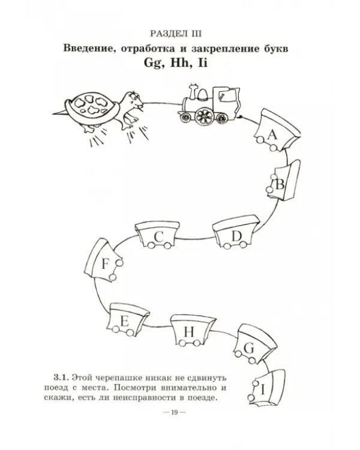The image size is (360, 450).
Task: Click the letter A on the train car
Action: click(x=272, y=134)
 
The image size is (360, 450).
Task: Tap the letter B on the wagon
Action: click(x=280, y=184)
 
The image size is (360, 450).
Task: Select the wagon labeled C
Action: click(x=157, y=235)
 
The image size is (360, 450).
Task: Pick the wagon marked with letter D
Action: click(x=236, y=232)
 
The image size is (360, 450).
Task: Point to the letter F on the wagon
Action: click(x=106, y=264)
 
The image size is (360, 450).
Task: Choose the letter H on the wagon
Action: click(x=189, y=332)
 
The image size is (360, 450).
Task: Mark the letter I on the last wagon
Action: click(x=263, y=389)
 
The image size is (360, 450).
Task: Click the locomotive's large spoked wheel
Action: click(x=204, y=116)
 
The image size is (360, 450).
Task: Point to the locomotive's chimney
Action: click(x=193, y=91)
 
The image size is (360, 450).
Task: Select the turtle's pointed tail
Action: click(x=60, y=113)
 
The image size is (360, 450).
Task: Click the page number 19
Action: click(x=175, y=412)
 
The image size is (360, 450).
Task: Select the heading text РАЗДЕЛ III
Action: click(x=176, y=34)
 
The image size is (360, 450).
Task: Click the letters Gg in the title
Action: click(x=154, y=64)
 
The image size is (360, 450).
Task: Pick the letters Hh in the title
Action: click(x=180, y=63)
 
